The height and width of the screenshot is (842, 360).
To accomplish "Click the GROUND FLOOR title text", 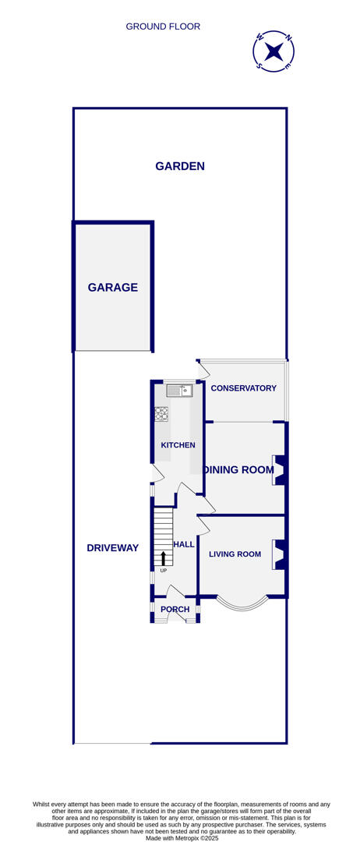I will pos(163,27).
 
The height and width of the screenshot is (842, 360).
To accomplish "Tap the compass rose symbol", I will pos(274,51).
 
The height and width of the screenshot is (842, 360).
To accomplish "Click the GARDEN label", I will pos(180,166).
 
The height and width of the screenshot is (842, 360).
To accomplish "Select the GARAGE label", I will pos(112,287).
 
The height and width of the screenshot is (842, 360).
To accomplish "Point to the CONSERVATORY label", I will pos(243,388).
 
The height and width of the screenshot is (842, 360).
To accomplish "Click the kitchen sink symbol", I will pos(178,391).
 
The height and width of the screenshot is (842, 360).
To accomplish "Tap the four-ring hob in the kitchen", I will pos(161,414).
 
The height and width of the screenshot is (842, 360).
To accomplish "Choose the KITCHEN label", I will pos(178,445).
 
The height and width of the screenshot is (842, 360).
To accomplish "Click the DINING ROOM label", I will pos(239,469).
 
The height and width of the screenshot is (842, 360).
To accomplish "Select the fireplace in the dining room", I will pos(278,470).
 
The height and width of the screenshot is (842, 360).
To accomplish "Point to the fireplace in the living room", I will pos(278,554).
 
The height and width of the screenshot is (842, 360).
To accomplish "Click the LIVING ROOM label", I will pos(235,554).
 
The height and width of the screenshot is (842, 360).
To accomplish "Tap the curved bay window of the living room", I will pos(242,604).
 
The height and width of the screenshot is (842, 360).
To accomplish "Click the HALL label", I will pos(184,544).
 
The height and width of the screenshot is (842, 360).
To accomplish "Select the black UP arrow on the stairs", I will pos(164,558).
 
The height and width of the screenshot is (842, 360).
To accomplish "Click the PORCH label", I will pos(175,610).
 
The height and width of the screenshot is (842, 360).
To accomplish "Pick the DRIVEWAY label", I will pos(112,548).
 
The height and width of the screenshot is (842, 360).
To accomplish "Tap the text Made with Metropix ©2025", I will pos(181,838).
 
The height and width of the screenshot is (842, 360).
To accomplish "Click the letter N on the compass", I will pos(288,37).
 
